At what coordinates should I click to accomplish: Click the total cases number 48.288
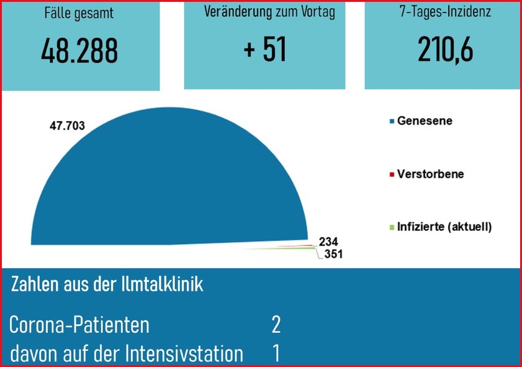79,52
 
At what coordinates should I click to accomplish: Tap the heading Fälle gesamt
79,14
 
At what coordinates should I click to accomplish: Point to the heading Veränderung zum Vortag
269,12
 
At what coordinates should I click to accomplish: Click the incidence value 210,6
446,50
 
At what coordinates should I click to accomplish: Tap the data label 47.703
66,126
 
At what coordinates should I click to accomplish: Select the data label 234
329,242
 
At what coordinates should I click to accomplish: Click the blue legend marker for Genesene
392,122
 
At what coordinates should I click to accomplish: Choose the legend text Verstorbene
430,174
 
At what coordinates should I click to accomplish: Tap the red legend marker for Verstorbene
392,174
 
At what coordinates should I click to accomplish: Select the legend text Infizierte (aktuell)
444,227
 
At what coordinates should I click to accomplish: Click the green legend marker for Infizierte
392,227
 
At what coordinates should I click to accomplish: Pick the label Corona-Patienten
79,325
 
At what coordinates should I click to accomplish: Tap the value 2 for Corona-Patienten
276,324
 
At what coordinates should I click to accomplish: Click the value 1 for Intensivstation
276,353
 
